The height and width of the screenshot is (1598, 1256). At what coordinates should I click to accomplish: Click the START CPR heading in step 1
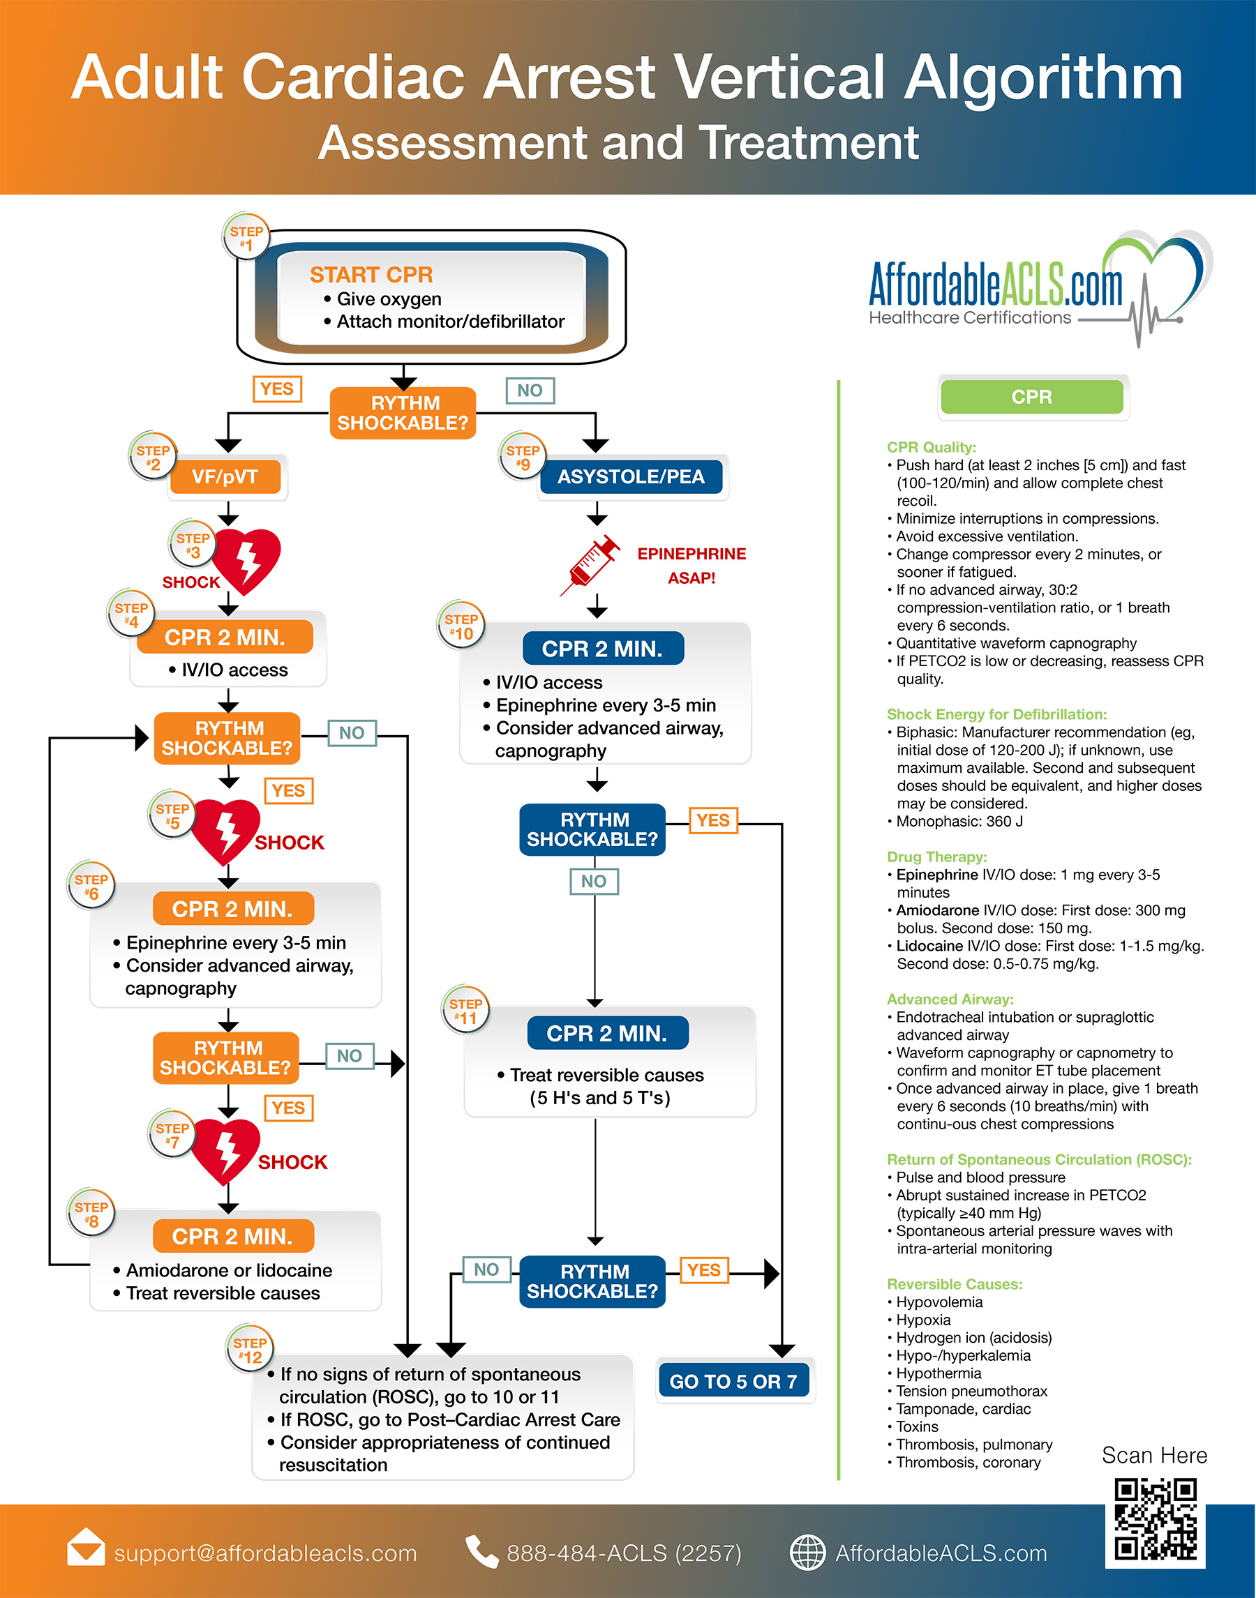[371, 274]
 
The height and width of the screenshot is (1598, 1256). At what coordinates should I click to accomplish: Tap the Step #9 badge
[522, 456]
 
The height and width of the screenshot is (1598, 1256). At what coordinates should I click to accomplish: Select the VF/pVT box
[225, 477]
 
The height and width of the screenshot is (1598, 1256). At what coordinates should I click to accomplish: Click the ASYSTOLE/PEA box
[631, 477]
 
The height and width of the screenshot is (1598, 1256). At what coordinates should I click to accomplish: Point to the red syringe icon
[589, 564]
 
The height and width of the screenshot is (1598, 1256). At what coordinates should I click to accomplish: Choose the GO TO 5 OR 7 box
[733, 1381]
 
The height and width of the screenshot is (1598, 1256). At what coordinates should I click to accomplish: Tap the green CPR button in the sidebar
[1032, 397]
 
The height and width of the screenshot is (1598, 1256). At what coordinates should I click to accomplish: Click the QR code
[1156, 1520]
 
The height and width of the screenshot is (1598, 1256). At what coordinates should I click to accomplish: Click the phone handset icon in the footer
[481, 1552]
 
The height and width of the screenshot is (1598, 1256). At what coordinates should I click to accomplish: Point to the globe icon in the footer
[807, 1553]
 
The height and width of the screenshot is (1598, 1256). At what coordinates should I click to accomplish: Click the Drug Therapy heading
[937, 857]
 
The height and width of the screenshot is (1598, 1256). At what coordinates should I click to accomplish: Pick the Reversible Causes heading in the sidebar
[955, 1284]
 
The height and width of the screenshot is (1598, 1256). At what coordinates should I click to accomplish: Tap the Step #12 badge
[249, 1349]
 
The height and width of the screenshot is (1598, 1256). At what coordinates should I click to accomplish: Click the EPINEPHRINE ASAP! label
[691, 565]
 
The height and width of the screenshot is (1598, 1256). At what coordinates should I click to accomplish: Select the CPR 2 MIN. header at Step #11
[607, 1034]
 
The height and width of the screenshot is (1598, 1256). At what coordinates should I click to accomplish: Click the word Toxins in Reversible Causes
[917, 1426]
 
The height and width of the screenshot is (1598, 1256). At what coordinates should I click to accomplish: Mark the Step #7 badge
[172, 1134]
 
